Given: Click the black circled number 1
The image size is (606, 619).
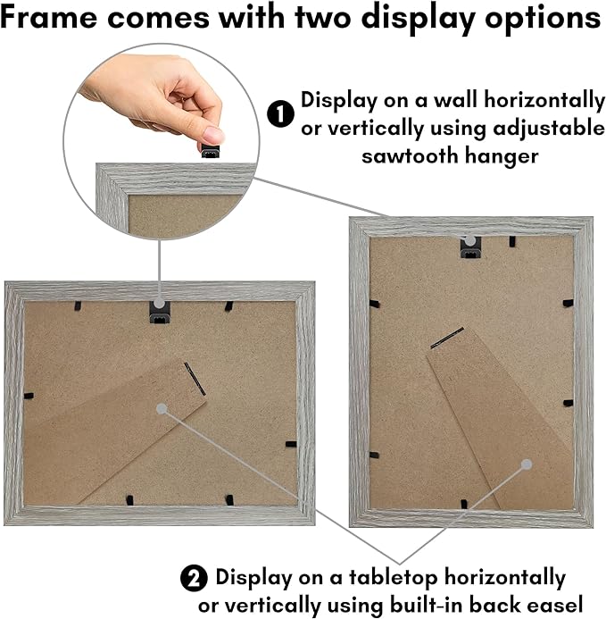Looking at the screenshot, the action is point(280,114).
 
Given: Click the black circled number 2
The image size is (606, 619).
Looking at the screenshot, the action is point(194,578).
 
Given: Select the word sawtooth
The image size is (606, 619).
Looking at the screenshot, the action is point(410,156).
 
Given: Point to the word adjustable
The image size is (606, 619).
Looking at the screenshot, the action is point(549,130).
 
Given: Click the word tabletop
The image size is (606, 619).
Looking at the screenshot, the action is point(393,578).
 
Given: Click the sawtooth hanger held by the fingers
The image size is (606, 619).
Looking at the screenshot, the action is point(211,152).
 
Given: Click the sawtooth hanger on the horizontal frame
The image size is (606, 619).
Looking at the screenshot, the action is point(160,313).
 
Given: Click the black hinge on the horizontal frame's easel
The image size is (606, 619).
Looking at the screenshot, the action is point(195,379).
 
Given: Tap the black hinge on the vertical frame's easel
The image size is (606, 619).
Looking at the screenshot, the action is point(447,338).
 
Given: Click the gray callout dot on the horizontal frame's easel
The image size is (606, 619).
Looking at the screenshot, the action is point(162,409).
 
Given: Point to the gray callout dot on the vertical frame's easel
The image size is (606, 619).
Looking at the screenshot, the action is point(527,464).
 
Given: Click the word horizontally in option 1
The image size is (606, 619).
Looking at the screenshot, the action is point(544,100).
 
